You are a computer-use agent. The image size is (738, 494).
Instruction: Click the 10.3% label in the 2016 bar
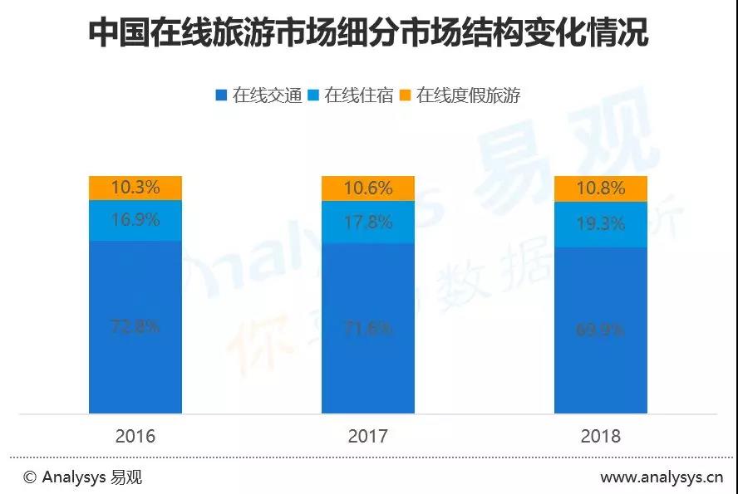135,188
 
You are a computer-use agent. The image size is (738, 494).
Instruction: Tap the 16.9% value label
135,221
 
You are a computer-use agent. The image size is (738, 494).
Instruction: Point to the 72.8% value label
135,326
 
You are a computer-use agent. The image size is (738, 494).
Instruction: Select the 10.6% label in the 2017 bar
367,188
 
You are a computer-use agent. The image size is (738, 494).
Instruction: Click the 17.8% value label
367,223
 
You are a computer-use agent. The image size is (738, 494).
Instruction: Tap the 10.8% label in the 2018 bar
600,188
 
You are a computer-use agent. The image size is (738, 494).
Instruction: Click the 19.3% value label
600,224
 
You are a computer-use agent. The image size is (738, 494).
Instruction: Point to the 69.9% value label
600,330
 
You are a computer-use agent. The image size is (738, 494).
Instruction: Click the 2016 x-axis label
135,436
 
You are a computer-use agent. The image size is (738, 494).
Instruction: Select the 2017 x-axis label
367,436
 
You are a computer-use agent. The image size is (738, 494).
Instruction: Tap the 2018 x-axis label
600,436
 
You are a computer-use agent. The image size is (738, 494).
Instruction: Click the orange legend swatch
406,95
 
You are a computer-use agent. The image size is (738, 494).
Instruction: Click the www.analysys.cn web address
662,477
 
